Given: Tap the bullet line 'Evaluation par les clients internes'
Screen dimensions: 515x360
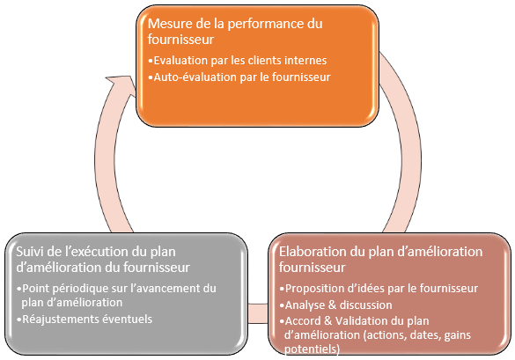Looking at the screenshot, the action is coord(238,61).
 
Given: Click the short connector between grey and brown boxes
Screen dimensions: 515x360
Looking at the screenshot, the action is coord(258,313).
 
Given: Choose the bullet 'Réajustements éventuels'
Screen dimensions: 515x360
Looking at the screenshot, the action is coord(85,319).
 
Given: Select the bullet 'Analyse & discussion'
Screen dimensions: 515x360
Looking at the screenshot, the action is coord(336,305).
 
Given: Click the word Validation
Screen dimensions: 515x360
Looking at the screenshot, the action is coord(359,321).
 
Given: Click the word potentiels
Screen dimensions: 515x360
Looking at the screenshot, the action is coord(312,349).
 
